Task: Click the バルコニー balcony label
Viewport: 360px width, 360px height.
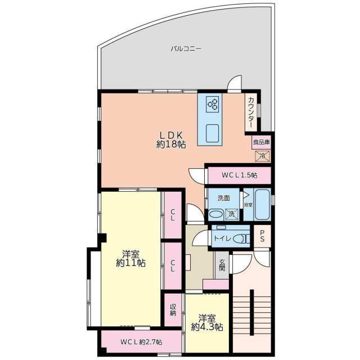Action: click(186, 49)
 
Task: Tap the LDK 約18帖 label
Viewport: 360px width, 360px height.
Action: click(171, 139)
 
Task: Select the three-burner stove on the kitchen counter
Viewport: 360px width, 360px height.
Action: click(213, 104)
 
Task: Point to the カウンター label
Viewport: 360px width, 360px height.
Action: click(251, 112)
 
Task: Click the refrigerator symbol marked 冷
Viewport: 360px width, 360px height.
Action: click(262, 156)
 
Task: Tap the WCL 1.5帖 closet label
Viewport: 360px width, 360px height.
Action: click(239, 175)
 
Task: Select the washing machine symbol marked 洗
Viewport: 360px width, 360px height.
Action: click(232, 214)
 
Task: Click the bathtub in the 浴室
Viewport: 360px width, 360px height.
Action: click(262, 205)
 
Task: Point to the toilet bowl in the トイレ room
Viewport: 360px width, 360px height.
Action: click(241, 238)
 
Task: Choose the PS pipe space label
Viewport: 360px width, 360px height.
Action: click(262, 236)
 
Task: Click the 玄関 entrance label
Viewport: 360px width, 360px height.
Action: click(222, 265)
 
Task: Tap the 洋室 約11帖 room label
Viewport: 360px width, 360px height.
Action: click(130, 259)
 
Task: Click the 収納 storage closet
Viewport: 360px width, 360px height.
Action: click(173, 310)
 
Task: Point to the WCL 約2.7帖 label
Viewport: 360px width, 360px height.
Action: click(141, 342)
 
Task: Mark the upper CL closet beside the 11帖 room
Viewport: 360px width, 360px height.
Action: click(173, 215)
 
